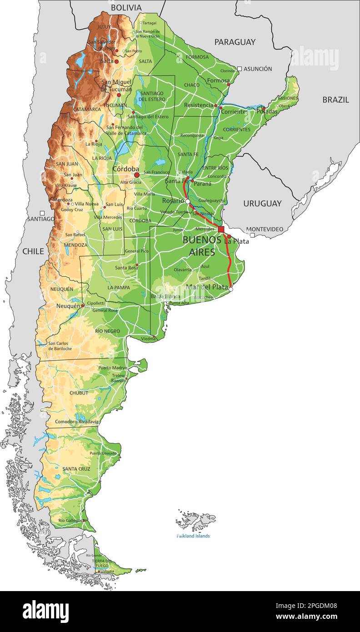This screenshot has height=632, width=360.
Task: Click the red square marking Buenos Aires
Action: click(x=221, y=229)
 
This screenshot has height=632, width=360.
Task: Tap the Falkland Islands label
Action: click(x=193, y=536)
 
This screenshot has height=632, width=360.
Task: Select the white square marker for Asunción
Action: click(x=240, y=69)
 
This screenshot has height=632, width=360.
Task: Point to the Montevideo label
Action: click(x=265, y=229)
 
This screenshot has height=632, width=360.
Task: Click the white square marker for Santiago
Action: click(x=42, y=213)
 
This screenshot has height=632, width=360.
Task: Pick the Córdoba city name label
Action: click(x=126, y=169)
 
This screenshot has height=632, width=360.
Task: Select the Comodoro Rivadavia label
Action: click(x=77, y=422)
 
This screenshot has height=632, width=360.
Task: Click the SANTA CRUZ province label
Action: click(x=76, y=469)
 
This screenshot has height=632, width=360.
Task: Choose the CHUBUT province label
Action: click(x=79, y=393)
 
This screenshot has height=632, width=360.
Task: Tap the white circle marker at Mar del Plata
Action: click(x=230, y=289)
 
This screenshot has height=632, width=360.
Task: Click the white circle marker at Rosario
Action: click(x=187, y=201)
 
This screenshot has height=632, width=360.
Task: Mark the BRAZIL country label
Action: click(x=335, y=100)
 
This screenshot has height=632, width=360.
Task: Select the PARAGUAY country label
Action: click(x=235, y=42)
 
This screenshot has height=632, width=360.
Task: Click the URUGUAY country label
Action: click(x=262, y=203)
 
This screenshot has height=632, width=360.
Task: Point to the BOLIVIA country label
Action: click(x=126, y=7)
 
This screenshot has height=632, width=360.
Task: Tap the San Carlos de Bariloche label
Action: click(x=60, y=346)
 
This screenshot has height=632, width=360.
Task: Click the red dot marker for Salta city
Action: click(x=116, y=61)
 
